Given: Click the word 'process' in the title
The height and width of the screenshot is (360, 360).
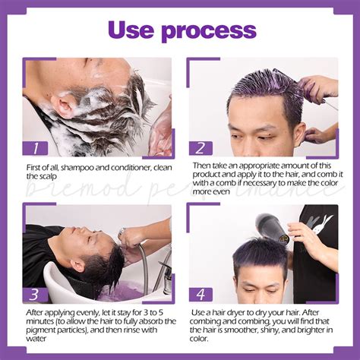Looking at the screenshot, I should (x=207, y=30).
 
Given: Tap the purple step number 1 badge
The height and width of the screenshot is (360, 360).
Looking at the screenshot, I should (x=36, y=149).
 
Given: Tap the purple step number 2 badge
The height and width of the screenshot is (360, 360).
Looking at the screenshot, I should (x=201, y=149).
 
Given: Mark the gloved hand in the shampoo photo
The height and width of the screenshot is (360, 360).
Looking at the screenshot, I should (x=160, y=129).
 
